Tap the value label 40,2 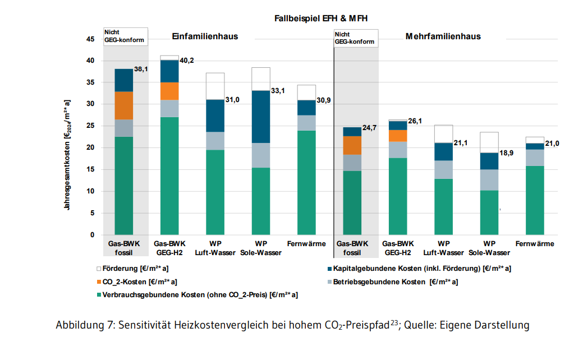tap(186, 61)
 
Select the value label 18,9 tap(507, 153)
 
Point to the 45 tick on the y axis tap(90, 39)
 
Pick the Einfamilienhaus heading tap(204, 36)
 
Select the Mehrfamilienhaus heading tap(443, 36)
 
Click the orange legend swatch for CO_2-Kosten tap(99, 282)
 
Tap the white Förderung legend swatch tap(99, 269)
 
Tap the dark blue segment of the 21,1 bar tap(444, 152)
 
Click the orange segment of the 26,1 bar tap(398, 136)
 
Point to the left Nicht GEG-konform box tap(126, 36)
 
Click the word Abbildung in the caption tap(80, 325)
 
